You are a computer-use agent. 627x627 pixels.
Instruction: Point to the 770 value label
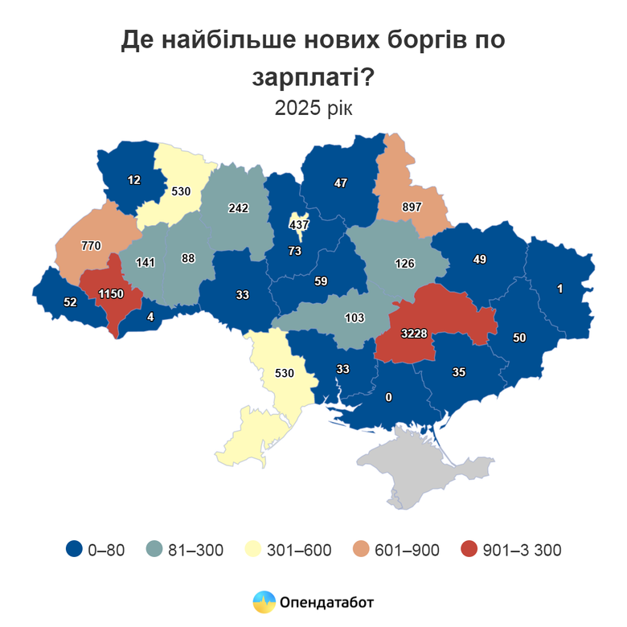pyautogui.click(x=90, y=245)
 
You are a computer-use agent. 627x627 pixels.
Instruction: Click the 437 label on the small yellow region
pyautogui.click(x=299, y=225)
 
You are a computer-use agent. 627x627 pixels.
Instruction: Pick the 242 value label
pyautogui.click(x=238, y=207)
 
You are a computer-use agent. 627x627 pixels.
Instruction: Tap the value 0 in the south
pyautogui.click(x=388, y=396)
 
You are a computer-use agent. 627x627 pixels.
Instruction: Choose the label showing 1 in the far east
pyautogui.click(x=559, y=288)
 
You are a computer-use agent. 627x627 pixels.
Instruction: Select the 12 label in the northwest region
pyautogui.click(x=133, y=179)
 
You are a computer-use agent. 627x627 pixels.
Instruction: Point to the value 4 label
pyautogui.click(x=150, y=316)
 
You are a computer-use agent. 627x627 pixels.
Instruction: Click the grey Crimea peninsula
pyautogui.click(x=418, y=466)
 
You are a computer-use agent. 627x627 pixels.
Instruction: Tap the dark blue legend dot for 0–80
pyautogui.click(x=74, y=550)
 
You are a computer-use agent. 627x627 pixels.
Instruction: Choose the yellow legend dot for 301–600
pyautogui.click(x=252, y=550)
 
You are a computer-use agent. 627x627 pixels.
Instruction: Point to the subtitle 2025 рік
pyautogui.click(x=313, y=109)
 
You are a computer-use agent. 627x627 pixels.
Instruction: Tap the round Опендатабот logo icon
pyautogui.click(x=264, y=601)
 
